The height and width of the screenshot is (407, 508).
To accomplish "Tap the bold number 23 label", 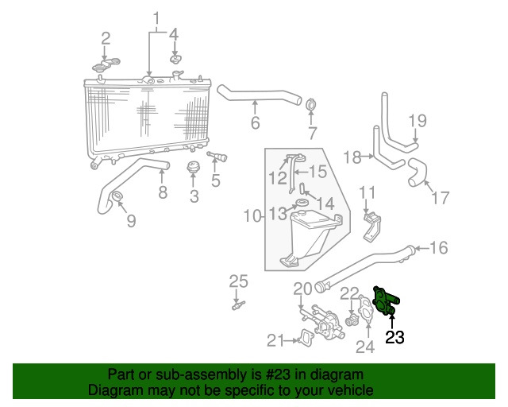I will (x=394, y=338).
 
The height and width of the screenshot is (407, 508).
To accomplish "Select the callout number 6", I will (x=255, y=123).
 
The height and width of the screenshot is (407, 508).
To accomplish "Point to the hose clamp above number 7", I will (x=311, y=106).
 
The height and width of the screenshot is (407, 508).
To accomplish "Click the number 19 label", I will (x=418, y=121).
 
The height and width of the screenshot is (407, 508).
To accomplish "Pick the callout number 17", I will (x=438, y=198).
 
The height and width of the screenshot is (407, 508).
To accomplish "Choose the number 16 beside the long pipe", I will (x=438, y=248).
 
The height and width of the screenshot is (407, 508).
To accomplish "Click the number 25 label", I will (x=239, y=280).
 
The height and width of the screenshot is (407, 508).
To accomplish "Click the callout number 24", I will (x=365, y=346).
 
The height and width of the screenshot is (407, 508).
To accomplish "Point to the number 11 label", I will (x=367, y=192).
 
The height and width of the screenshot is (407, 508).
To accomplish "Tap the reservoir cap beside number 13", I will (x=302, y=208).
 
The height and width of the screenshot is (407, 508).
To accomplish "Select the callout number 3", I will (x=194, y=196).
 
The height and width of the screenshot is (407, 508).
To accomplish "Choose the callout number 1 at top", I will (x=156, y=17).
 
